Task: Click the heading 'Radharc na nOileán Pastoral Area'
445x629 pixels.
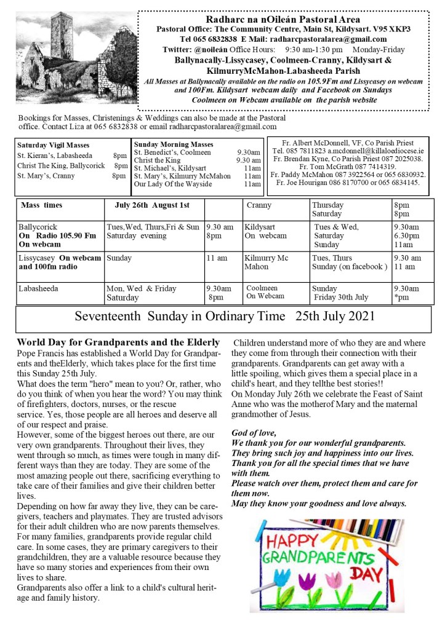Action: point(283,19)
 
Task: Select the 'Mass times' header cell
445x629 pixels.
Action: point(41,205)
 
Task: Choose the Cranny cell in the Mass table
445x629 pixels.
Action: point(259,205)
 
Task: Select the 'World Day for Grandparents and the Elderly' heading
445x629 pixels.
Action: point(118,342)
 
